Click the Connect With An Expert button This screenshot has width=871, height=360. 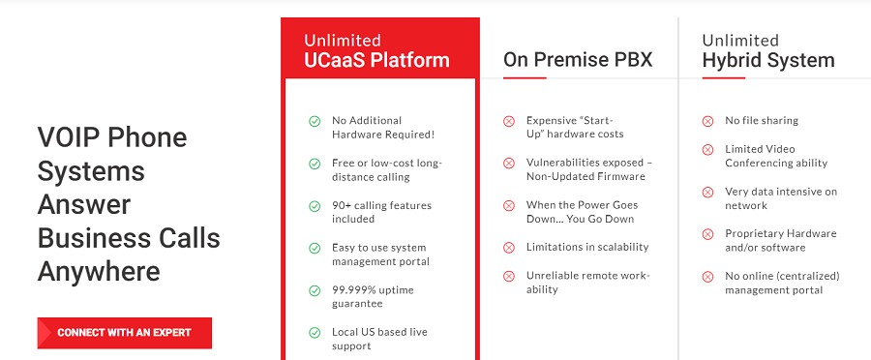[125, 333]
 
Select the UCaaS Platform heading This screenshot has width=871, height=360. [376, 60]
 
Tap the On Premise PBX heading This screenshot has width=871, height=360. [578, 60]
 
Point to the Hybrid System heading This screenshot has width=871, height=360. [768, 60]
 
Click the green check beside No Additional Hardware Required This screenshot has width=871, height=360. [315, 121]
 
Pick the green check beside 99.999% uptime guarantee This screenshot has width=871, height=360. [315, 290]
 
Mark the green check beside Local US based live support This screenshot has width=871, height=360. [315, 333]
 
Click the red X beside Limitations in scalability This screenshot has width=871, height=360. [509, 248]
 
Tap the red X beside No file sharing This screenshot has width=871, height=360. [707, 121]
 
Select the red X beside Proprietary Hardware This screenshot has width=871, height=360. [707, 234]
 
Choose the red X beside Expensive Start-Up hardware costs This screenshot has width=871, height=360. [509, 121]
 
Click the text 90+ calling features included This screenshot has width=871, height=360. [381, 212]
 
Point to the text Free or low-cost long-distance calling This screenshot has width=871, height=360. [386, 170]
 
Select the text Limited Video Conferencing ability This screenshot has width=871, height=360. [776, 156]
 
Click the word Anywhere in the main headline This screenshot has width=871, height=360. [99, 272]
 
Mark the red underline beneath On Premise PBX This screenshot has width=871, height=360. [525, 77]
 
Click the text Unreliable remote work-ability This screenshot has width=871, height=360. [587, 283]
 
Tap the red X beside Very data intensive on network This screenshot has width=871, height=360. [707, 192]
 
